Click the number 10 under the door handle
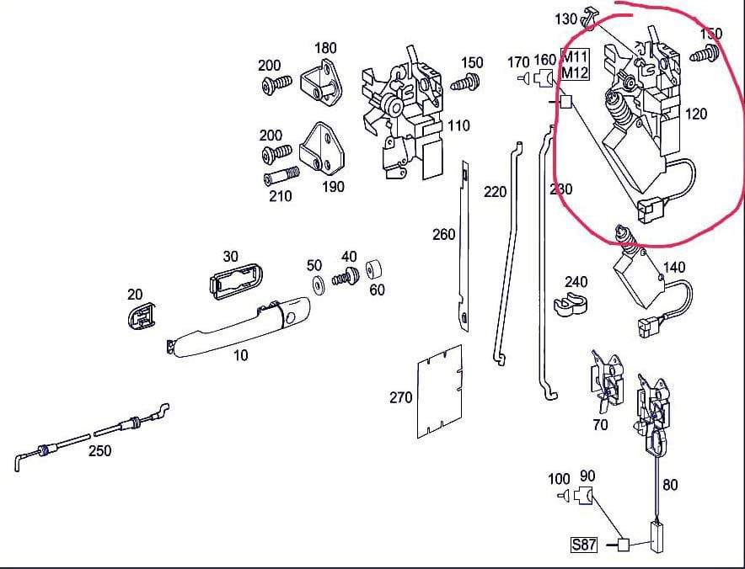[x=241, y=355]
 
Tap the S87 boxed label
[x=584, y=545]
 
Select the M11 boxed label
[x=575, y=56]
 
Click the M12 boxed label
[x=575, y=72]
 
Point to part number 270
[x=401, y=397]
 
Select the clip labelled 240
[x=570, y=306]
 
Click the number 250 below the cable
[x=99, y=450]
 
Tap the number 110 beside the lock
[x=458, y=126]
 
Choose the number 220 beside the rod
[x=496, y=192]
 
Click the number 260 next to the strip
[x=443, y=235]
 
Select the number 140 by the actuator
[x=674, y=268]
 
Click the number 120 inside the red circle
[x=696, y=114]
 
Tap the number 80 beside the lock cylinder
[x=670, y=485]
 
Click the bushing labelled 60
[x=376, y=273]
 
